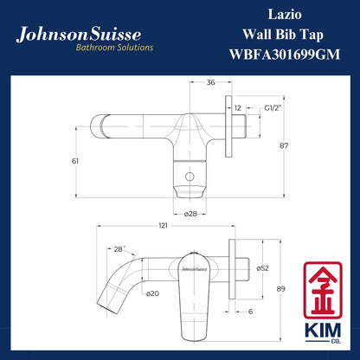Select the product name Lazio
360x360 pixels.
click(x=279, y=16)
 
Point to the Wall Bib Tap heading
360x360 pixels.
click(x=279, y=35)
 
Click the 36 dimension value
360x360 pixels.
click(x=211, y=83)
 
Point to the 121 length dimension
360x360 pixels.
click(x=163, y=226)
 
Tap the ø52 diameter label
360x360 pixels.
click(x=263, y=268)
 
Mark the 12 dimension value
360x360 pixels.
click(x=238, y=108)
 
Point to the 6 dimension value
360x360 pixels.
click(x=248, y=311)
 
